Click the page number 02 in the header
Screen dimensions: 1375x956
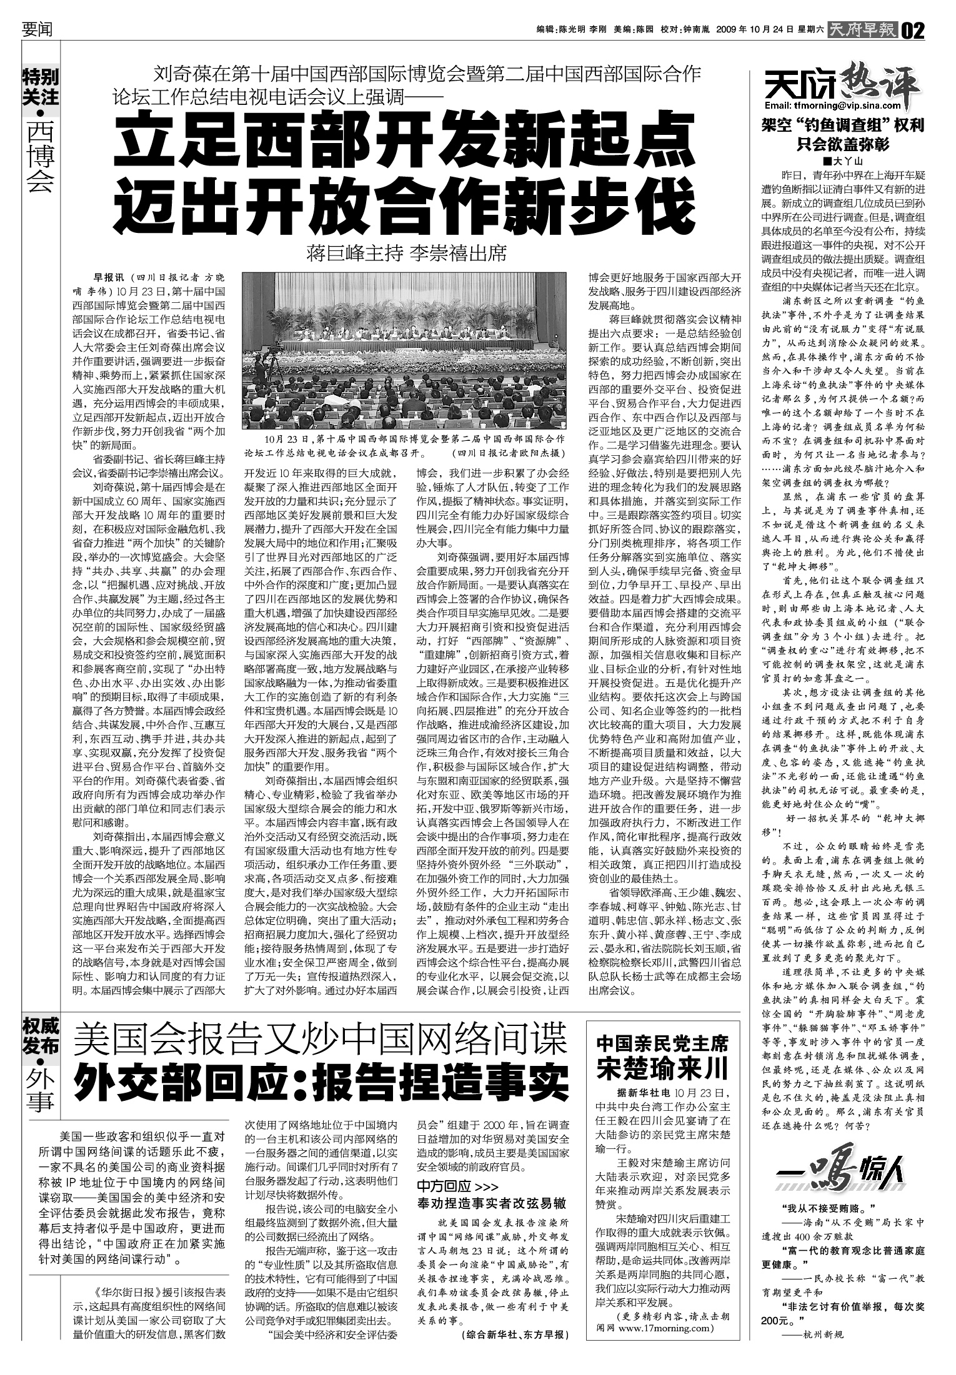coord(913,30)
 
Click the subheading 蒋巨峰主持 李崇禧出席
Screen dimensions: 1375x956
coord(407,254)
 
